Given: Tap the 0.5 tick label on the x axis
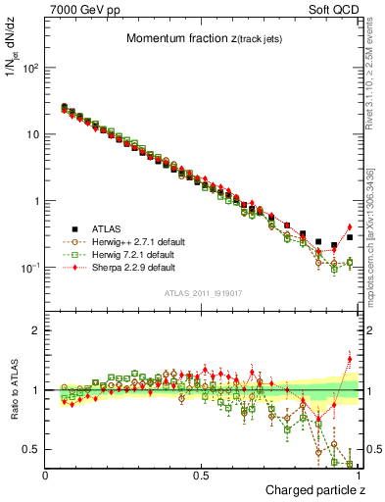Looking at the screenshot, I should pos(202,475).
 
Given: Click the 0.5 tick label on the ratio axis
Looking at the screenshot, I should pos(31,449).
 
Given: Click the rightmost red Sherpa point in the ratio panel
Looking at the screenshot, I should pos(350,359).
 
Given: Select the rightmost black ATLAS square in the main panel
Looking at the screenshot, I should pos(350,237).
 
